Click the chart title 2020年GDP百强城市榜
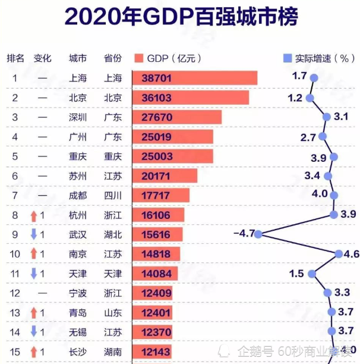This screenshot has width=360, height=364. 181,17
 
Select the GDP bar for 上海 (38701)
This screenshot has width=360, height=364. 194,78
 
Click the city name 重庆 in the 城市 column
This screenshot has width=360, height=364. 78,156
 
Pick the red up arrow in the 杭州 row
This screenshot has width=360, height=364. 34,215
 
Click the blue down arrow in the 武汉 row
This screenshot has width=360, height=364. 34,234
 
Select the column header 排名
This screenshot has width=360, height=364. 15,58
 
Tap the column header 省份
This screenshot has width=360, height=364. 113,58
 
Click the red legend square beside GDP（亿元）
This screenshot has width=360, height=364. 139,58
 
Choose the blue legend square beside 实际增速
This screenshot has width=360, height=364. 288,58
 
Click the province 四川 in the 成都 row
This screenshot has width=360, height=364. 113,195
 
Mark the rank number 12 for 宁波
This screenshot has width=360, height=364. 15,293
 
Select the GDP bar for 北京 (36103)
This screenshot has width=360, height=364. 190,98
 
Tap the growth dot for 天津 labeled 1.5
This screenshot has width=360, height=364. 318,274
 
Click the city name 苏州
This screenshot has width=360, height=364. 78,176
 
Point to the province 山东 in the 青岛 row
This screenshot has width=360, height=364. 113,312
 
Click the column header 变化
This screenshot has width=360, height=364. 43,58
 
